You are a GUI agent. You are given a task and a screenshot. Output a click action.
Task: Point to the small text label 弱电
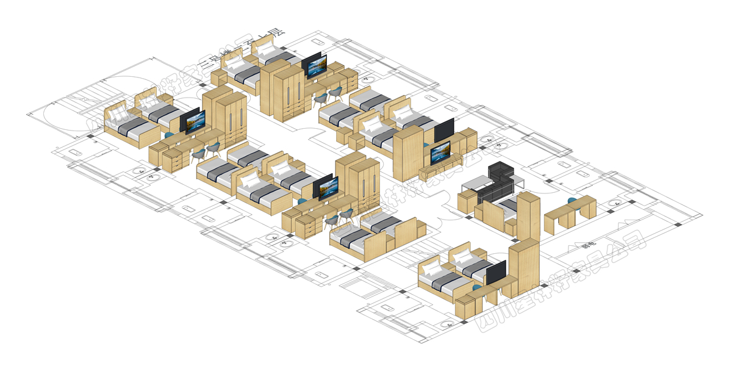pyautogui.click(x=588, y=246)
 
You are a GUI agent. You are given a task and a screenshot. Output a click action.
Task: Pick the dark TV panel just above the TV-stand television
pyautogui.click(x=444, y=130)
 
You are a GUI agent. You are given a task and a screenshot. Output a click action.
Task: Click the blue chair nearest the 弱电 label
pyautogui.click(x=572, y=201)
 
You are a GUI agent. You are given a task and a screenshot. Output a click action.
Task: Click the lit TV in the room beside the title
pyautogui.click(x=314, y=65)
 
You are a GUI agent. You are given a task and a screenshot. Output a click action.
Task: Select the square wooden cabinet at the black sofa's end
pyautogui.click(x=466, y=201)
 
